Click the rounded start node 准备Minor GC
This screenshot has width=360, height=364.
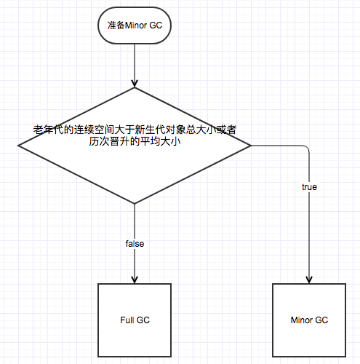135,25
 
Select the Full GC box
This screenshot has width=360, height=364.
135,320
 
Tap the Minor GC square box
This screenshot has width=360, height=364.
309,320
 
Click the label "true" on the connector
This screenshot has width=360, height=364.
309,187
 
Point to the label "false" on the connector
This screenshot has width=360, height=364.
135,244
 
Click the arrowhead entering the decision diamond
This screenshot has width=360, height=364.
135,83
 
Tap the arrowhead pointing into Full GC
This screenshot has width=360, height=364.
135,280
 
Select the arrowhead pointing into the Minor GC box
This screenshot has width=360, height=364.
309,280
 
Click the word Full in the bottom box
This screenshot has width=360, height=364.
127,320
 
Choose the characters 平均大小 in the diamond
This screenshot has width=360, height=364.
161,141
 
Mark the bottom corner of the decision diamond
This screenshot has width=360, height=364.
135,204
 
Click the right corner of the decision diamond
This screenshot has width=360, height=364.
251,146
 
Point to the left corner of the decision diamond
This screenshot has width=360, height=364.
18,146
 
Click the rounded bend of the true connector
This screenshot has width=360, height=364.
308,147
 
